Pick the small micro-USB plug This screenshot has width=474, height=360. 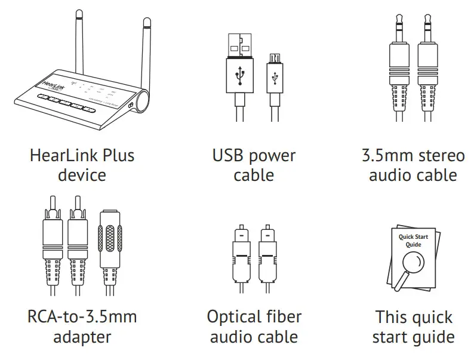(x=274, y=78)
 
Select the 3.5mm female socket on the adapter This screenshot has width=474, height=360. (x=109, y=239)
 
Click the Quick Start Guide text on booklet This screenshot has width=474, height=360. (x=413, y=241)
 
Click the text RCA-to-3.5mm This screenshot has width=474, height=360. (x=82, y=316)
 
